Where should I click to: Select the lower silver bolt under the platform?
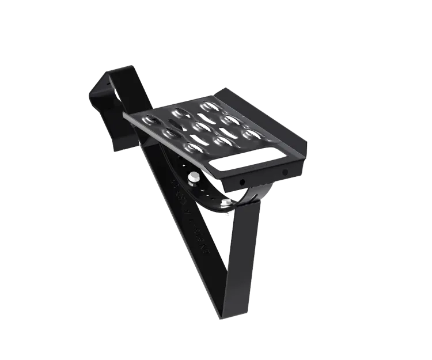tap(225, 202)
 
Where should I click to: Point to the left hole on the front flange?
tap(242, 183)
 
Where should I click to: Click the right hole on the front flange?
tap(285, 173)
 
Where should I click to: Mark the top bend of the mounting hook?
tap(118, 72)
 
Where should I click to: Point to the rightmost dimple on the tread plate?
tap(251, 134)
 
